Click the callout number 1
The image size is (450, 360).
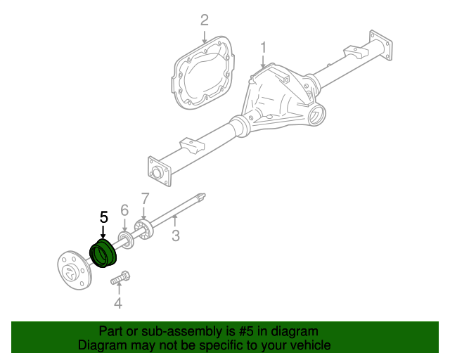(264, 47)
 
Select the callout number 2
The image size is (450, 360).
(205, 20)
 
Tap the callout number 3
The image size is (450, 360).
(176, 236)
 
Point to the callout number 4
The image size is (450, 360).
(118, 304)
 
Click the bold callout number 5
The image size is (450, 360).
(103, 217)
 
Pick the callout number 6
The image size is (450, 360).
(124, 210)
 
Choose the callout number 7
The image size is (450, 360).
(145, 198)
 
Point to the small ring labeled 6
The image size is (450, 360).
(126, 243)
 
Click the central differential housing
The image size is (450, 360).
(278, 98)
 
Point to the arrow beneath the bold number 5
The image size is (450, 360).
(103, 232)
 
